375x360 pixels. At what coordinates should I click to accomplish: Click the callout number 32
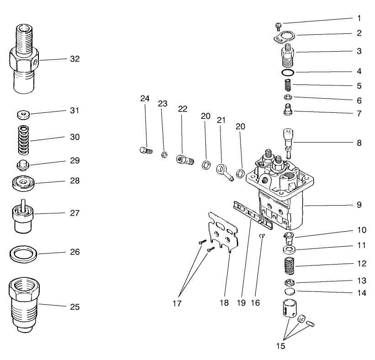tap(75, 59)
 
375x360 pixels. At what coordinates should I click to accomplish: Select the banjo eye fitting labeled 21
tap(224, 170)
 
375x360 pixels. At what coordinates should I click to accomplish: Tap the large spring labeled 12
tap(289, 265)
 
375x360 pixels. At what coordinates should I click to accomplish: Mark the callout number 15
tap(280, 346)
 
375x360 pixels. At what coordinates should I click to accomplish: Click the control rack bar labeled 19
tap(252, 215)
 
